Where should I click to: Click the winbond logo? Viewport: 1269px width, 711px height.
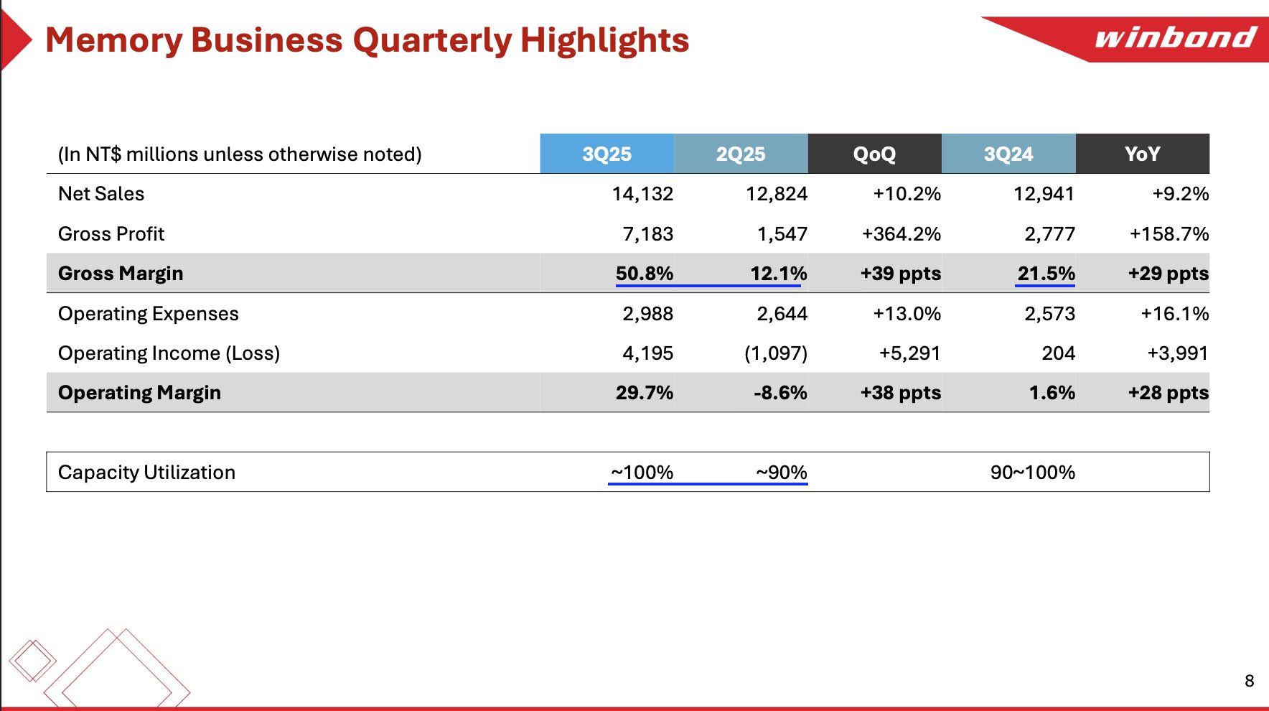(1175, 37)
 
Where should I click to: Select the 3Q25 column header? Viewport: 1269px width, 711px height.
(607, 154)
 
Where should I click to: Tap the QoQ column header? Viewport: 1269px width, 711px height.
(874, 154)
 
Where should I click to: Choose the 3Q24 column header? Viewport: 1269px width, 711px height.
(1008, 154)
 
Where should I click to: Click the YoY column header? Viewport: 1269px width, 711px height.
(1142, 154)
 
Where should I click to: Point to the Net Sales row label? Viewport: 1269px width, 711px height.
(101, 194)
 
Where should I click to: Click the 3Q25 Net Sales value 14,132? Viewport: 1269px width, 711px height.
(642, 194)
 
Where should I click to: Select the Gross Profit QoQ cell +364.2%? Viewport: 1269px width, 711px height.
(901, 234)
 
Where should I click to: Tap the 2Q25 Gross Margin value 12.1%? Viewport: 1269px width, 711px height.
(778, 274)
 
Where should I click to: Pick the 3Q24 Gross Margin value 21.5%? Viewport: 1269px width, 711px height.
(1046, 274)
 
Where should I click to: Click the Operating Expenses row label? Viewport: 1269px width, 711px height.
(148, 314)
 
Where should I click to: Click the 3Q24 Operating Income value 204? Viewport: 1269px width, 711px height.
(1058, 353)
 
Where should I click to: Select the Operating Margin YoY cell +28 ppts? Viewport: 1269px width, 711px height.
(1168, 393)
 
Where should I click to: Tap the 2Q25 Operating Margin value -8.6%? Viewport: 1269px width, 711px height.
(780, 393)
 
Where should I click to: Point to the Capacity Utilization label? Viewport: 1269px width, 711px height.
(146, 473)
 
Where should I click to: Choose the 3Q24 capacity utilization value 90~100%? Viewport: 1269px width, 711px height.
(1032, 473)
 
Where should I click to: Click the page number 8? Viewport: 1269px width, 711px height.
(1249, 681)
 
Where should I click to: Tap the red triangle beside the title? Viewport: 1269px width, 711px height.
(14, 40)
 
